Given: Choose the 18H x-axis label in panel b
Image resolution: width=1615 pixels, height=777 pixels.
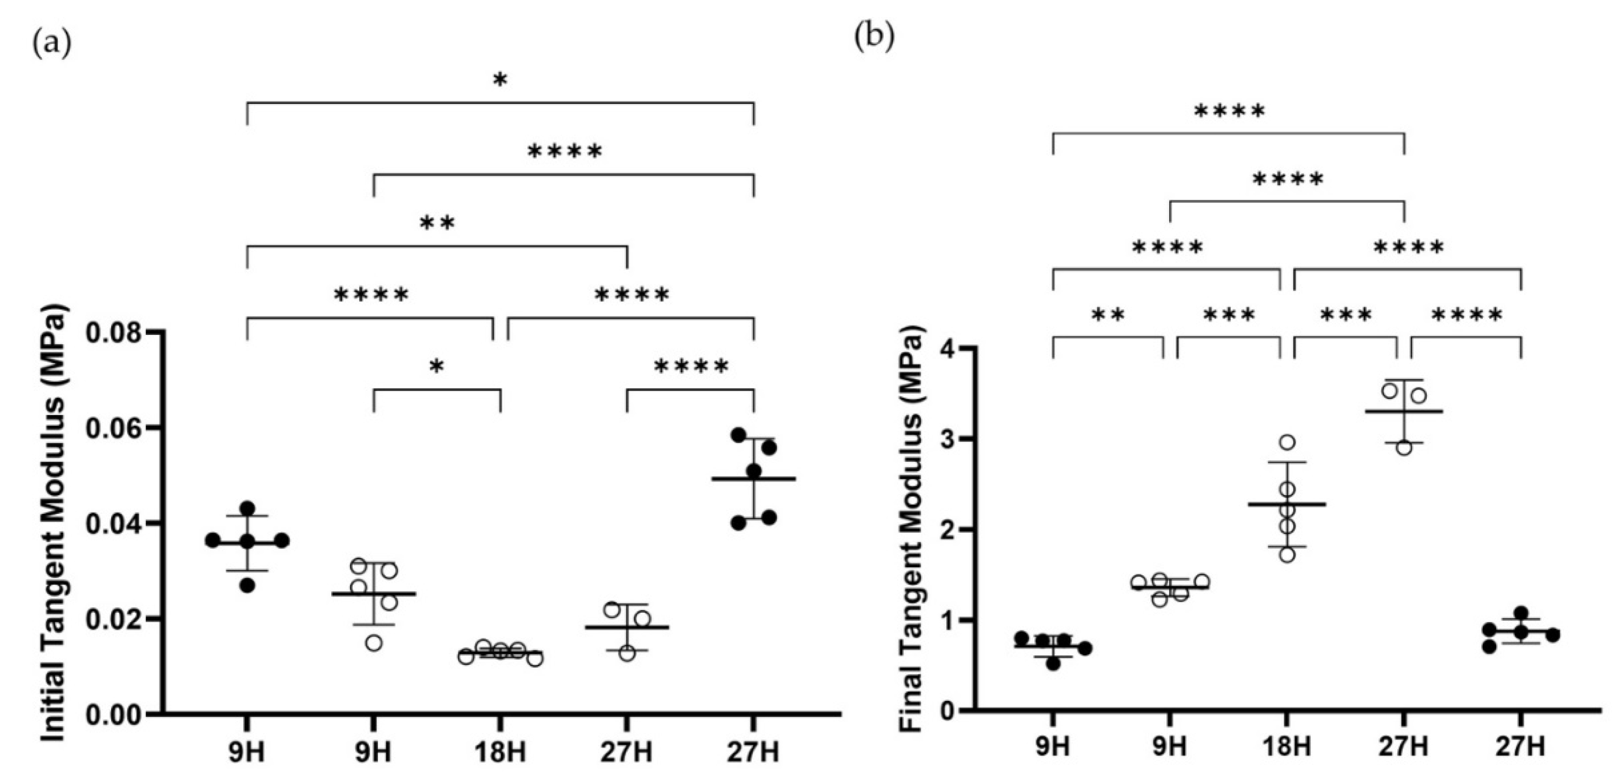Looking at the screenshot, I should (1287, 747).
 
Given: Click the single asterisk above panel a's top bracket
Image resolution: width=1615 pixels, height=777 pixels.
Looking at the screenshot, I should (500, 80).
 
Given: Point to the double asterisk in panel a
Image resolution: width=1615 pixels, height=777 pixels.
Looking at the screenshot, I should (437, 223).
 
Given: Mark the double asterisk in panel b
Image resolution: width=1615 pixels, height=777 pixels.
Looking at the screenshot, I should (1108, 314).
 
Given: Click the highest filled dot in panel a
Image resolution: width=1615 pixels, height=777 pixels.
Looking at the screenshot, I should (739, 435).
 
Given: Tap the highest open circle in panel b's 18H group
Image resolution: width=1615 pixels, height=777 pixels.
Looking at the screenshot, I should (1287, 442).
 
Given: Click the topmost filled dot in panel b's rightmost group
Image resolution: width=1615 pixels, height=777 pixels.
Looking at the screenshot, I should (1521, 613).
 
